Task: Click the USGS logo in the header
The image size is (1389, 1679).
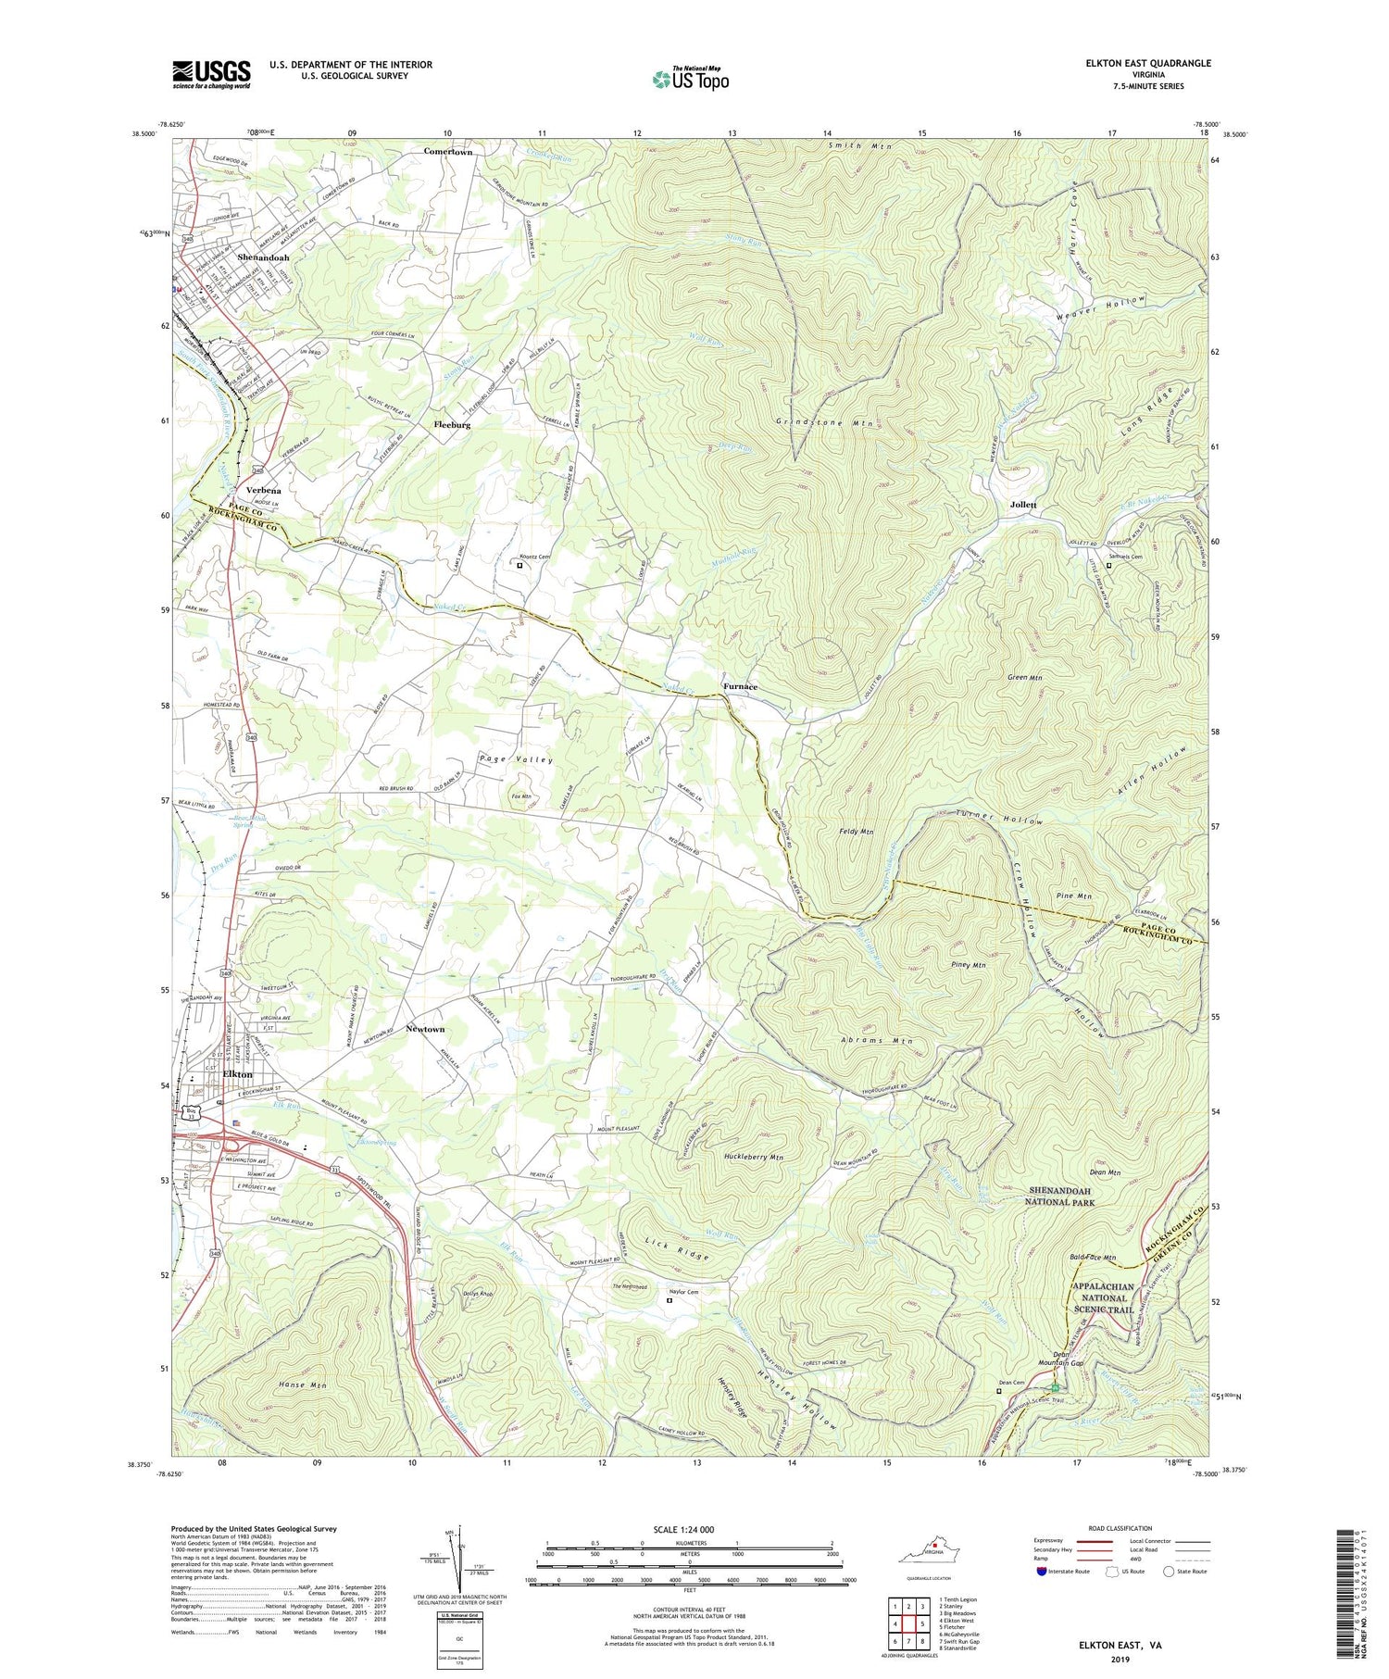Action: point(211,74)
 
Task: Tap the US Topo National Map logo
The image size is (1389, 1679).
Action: point(690,79)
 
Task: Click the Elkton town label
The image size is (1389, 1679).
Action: point(238,1073)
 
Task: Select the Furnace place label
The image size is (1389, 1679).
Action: point(740,686)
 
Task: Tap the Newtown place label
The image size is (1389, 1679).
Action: point(425,1029)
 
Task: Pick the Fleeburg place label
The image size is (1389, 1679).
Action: point(452,424)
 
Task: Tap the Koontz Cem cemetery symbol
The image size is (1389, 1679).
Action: point(519,565)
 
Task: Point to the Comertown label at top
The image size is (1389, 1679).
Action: point(448,151)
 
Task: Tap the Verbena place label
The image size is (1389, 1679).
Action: point(264,489)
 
